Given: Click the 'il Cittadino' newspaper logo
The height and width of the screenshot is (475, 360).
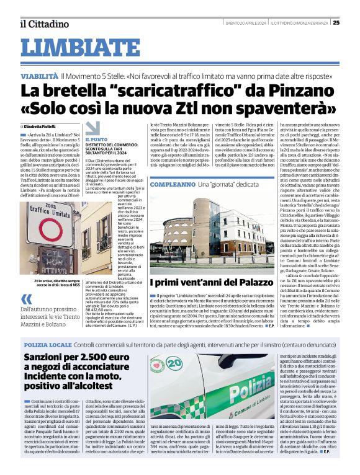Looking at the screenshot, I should pyautogui.click(x=44, y=24).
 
